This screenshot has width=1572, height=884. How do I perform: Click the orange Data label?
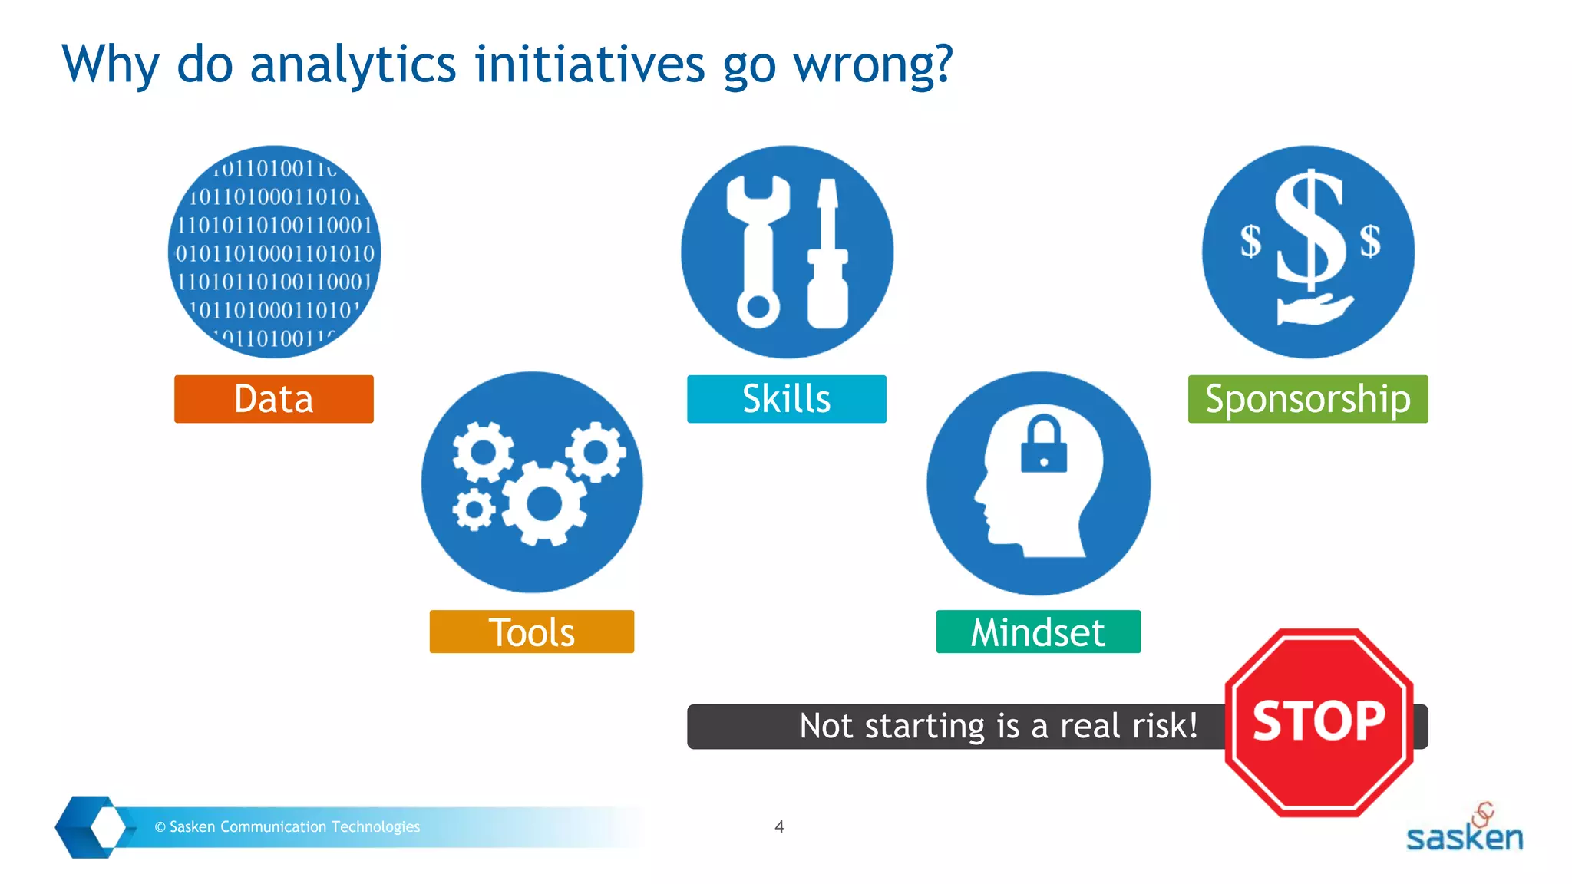pos(273,399)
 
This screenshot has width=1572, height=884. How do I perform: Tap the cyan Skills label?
pos(786,399)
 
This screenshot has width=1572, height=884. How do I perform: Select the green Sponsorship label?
pos(1307,399)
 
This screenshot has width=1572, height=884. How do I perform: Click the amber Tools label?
pos(531,632)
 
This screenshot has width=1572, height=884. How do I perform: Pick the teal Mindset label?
pos(1038,632)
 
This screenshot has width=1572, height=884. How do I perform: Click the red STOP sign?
pos(1318,722)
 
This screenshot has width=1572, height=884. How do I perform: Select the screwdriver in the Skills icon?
pos(827,253)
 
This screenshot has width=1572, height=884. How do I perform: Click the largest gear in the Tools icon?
pos(544,504)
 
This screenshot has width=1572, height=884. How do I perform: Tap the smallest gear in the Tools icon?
pos(474,509)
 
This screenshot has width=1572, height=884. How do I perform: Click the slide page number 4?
pos(779,826)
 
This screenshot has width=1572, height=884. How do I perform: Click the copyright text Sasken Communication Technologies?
pos(288,826)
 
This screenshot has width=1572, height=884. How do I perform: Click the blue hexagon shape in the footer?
pos(91,826)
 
